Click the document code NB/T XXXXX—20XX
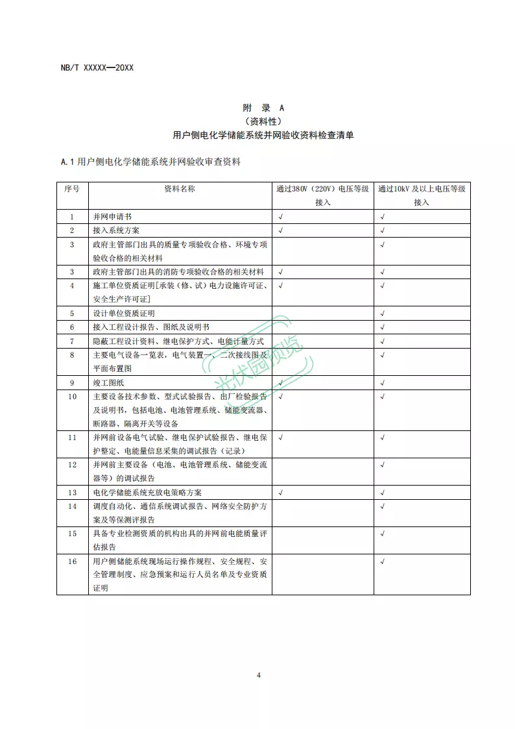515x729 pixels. tap(97, 68)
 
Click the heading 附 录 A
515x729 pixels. tap(263, 108)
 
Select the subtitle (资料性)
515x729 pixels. tap(263, 121)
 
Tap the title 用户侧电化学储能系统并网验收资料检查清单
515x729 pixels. tap(263, 135)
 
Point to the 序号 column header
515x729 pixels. tap(72, 189)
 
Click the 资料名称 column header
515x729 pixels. tap(180, 189)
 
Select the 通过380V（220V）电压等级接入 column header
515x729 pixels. tap(322, 195)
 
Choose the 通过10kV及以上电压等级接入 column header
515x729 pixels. tap(422, 195)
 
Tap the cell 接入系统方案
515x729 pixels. tap(116, 230)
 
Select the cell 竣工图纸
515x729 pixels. tap(108, 382)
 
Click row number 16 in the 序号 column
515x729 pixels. tap(72, 561)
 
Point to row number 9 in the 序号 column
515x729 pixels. tap(72, 382)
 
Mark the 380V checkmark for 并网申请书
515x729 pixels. tap(280, 216)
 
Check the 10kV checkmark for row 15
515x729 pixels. tap(383, 534)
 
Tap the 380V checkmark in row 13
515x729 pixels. tap(280, 493)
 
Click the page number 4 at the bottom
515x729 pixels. tap(258, 675)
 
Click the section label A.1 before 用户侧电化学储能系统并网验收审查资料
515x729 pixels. tap(67, 162)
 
